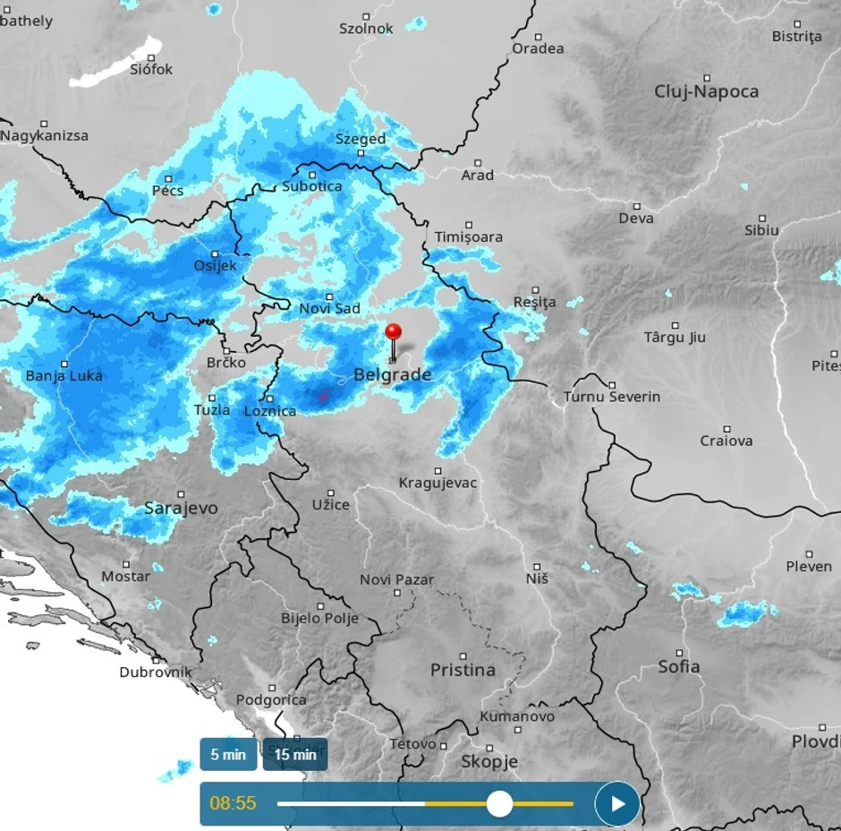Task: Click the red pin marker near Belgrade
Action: pos(393,333)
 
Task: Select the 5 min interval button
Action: pos(228,754)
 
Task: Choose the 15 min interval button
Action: pos(295,754)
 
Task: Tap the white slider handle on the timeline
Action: pos(499,803)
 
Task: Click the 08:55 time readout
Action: pos(233,803)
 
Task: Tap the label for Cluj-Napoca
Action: pos(706,91)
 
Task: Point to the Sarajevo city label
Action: pos(181,509)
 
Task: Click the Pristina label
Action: pos(463,670)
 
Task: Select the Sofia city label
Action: pos(679,666)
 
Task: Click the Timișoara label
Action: pos(468,237)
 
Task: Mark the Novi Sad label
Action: pos(329,309)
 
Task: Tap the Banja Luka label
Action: pos(64,376)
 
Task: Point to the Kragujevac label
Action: pos(437,484)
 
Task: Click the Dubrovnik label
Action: pos(156,672)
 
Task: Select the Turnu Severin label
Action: pos(612,397)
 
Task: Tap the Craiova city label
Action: pos(726,441)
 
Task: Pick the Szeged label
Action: pos(361,139)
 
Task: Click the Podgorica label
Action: pos(271,700)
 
